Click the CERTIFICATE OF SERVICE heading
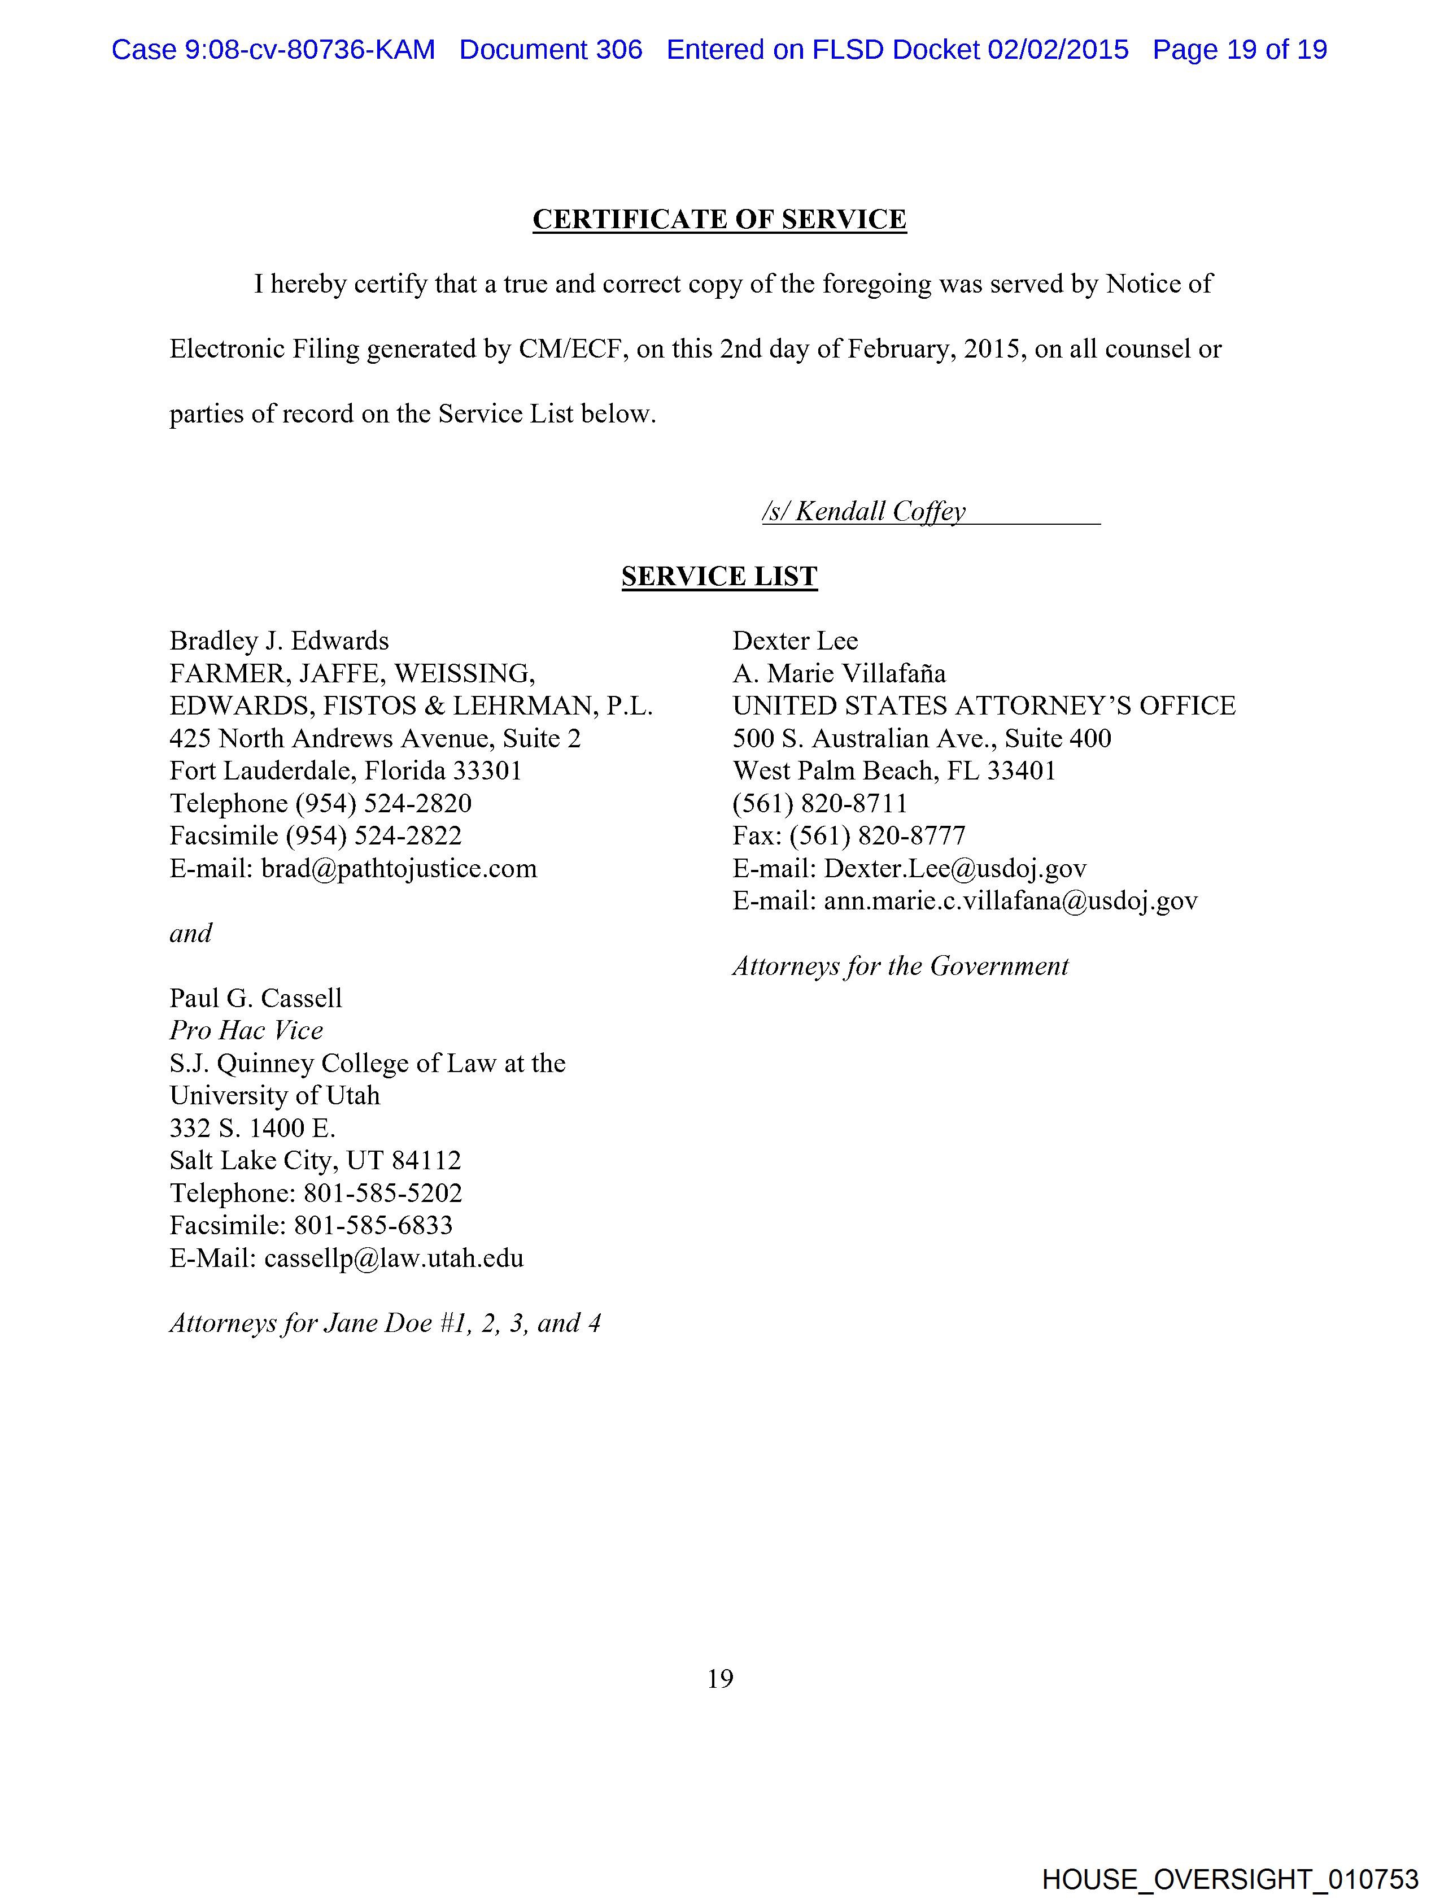(x=719, y=219)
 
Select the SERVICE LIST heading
(x=719, y=576)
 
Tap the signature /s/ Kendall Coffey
(x=879, y=511)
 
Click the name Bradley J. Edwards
(x=279, y=641)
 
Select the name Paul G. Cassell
(x=255, y=998)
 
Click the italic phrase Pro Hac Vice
(x=246, y=1030)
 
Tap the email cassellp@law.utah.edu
(x=393, y=1258)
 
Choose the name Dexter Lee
(x=795, y=641)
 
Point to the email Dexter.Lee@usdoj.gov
(x=955, y=868)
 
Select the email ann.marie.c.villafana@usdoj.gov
(x=1010, y=901)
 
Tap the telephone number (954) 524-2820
(x=383, y=804)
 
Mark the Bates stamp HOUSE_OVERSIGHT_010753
(x=1230, y=1879)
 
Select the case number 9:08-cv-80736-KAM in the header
(x=309, y=50)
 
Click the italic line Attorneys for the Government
(x=900, y=966)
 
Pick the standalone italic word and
(x=190, y=934)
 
